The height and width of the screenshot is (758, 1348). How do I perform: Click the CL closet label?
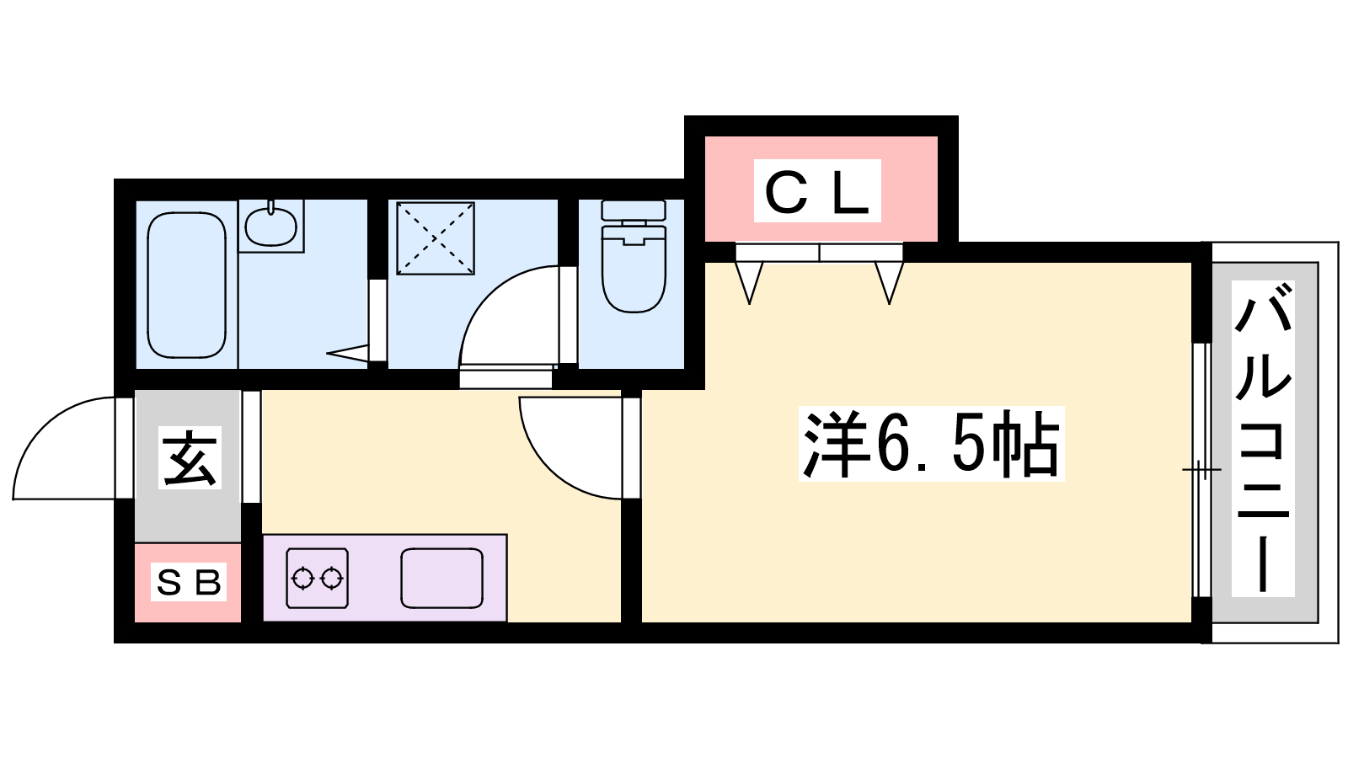coord(816,192)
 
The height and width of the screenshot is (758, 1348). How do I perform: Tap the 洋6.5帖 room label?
coord(931,444)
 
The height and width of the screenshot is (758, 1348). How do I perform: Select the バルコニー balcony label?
coord(1263,439)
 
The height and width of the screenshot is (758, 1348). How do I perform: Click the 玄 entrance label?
coord(190,459)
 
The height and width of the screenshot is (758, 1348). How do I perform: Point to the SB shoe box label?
coord(188,582)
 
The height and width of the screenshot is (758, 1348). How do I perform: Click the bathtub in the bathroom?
coord(186,285)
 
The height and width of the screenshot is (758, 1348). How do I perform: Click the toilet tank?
coord(634,210)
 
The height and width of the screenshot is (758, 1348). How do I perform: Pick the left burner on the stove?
coord(302,579)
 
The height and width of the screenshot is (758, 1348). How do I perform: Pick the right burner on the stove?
coord(333,579)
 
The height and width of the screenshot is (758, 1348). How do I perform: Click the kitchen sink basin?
coord(441,578)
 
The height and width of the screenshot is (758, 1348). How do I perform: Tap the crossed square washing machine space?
coord(435,238)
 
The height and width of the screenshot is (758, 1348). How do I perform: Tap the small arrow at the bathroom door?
coord(346,352)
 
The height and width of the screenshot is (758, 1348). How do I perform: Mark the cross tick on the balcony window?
coord(1201,469)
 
